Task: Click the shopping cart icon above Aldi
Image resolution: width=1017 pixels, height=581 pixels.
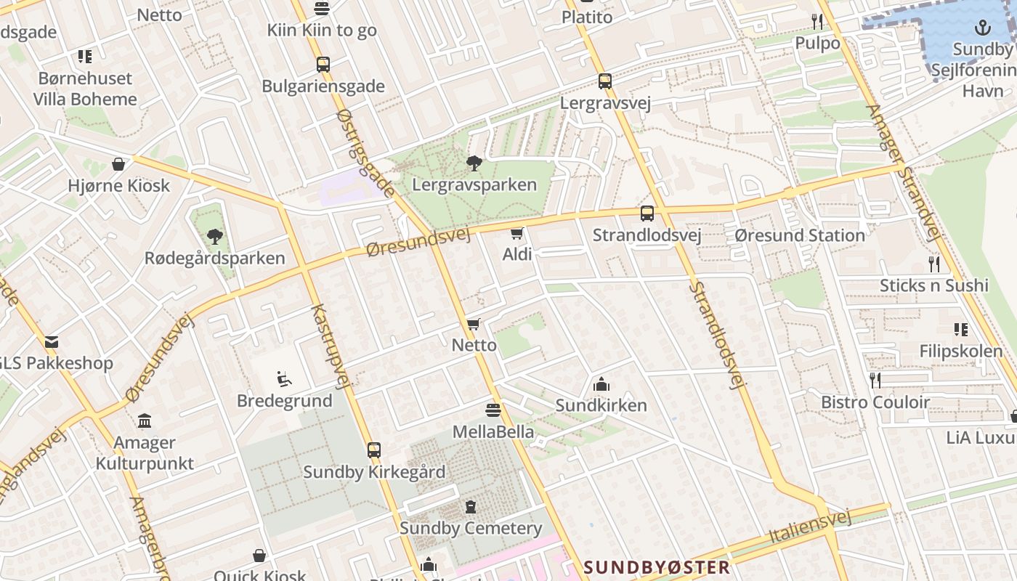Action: coord(516,233)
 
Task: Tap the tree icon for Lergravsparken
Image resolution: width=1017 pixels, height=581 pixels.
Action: coord(474,163)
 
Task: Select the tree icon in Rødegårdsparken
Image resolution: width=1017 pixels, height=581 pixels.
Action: coord(214,236)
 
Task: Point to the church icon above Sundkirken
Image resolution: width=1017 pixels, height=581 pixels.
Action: coord(601,384)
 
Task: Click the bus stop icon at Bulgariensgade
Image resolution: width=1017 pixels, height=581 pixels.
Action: coord(323,65)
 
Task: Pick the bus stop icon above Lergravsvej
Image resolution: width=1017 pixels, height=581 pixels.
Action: coord(605,81)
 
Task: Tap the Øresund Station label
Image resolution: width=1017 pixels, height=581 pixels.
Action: coord(799,235)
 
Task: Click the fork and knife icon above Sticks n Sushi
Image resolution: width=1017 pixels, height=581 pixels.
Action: coord(934,264)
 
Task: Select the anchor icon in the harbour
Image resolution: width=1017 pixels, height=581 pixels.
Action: coord(982,28)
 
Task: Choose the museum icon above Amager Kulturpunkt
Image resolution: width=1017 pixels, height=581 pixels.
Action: coord(145,421)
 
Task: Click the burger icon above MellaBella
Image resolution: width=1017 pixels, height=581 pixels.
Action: coord(493,410)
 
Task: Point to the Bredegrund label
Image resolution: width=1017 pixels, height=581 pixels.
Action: coord(284,401)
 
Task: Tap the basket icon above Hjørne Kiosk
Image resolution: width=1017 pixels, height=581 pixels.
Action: coord(118,164)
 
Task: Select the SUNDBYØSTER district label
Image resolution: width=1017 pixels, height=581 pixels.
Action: coord(657,567)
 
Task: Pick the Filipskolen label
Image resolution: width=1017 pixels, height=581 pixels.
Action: coord(961,352)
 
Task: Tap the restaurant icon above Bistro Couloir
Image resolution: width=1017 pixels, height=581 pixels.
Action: coord(875,380)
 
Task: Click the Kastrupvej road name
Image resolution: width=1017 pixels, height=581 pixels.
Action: coord(331,346)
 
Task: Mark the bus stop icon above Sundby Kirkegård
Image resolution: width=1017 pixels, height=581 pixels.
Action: coord(374,450)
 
